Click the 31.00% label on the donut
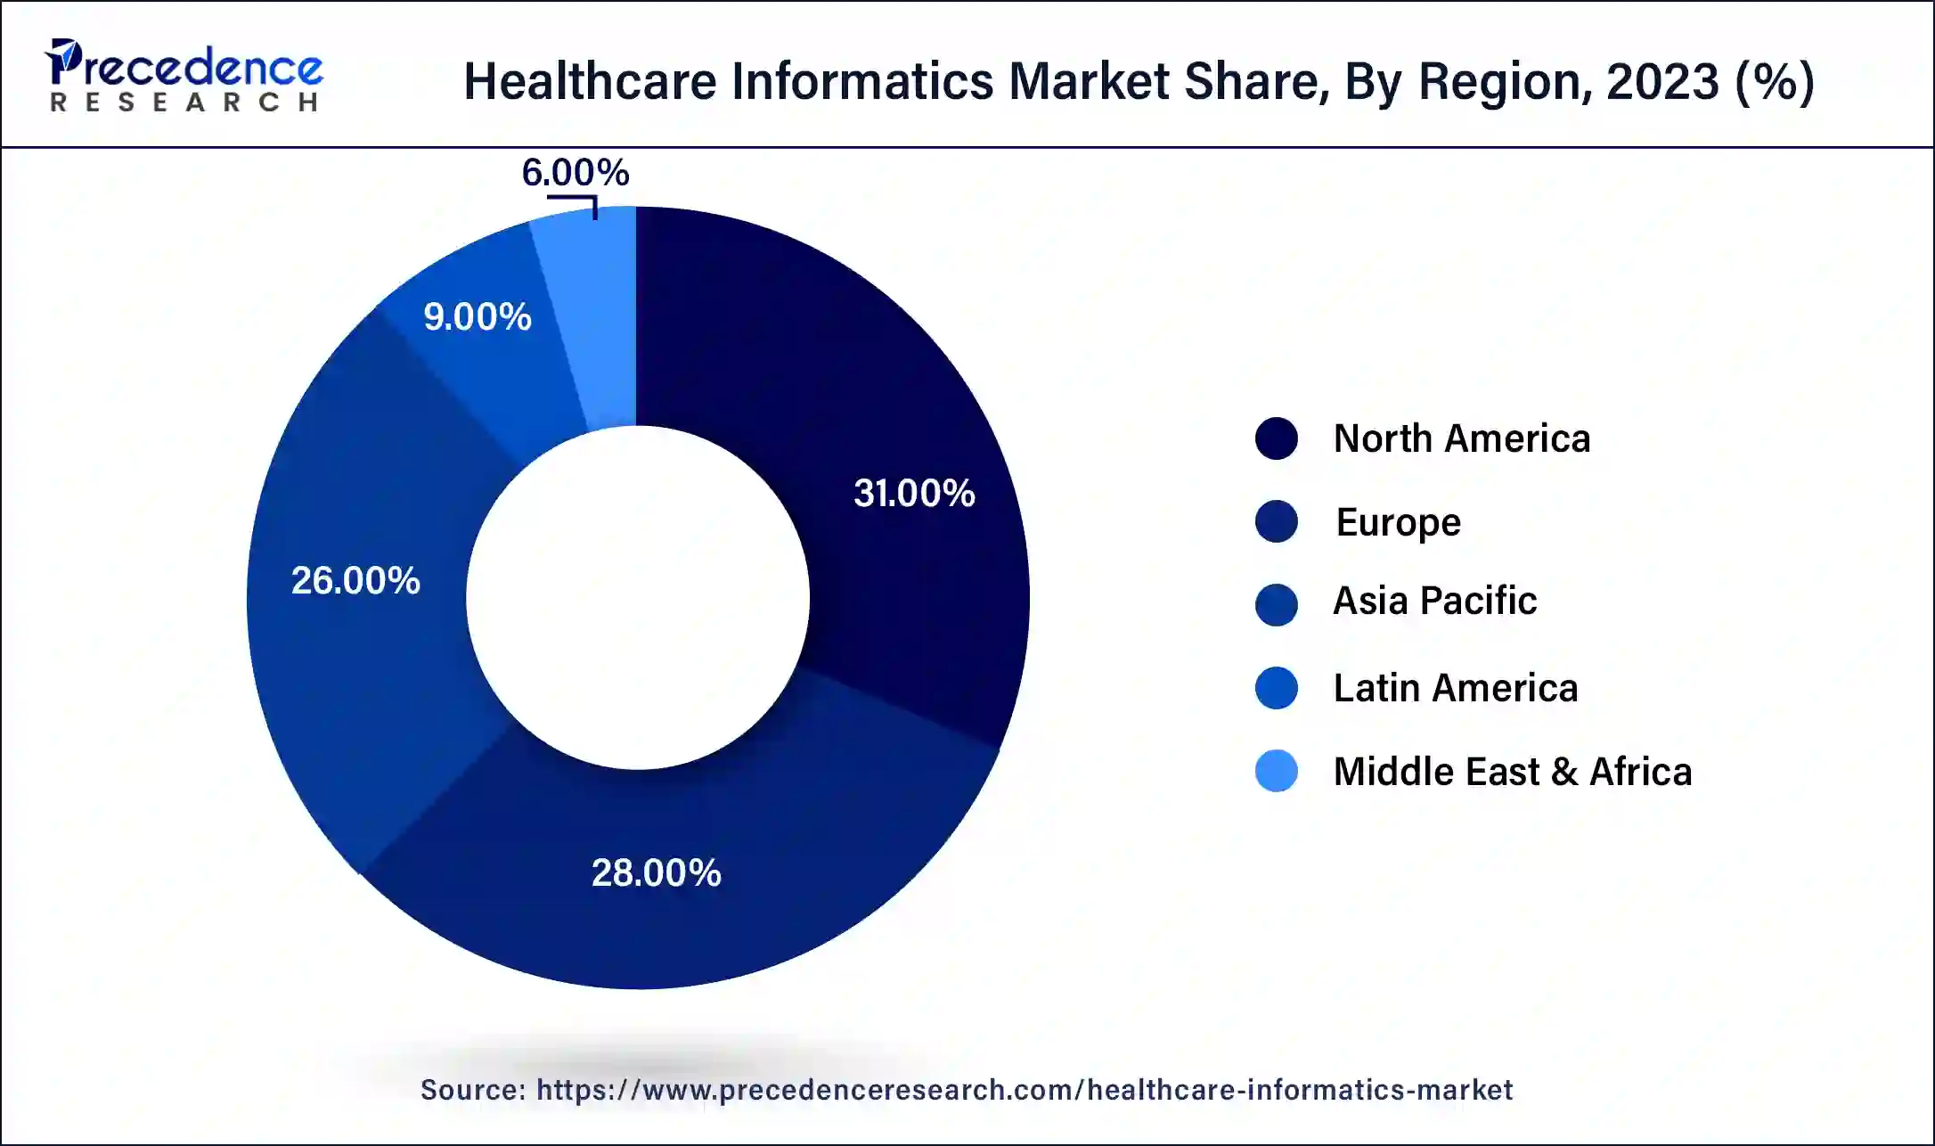pyautogui.click(x=914, y=494)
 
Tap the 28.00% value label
pyautogui.click(x=656, y=872)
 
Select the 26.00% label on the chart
pyautogui.click(x=355, y=581)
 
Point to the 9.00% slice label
pyautogui.click(x=478, y=317)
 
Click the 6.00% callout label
pyautogui.click(x=575, y=172)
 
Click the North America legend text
pyautogui.click(x=1461, y=438)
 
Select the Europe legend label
pyautogui.click(x=1398, y=522)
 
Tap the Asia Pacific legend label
pyautogui.click(x=1434, y=601)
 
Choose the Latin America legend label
pyautogui.click(x=1455, y=688)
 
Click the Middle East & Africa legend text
pyautogui.click(x=1512, y=772)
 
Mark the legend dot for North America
pyautogui.click(x=1276, y=438)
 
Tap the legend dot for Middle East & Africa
pyautogui.click(x=1276, y=772)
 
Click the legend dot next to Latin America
pyautogui.click(x=1276, y=688)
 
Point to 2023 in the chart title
pyautogui.click(x=1662, y=81)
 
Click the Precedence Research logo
pyautogui.click(x=184, y=77)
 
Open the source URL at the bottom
pyautogui.click(x=1024, y=1090)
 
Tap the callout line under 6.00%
pyautogui.click(x=575, y=199)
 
